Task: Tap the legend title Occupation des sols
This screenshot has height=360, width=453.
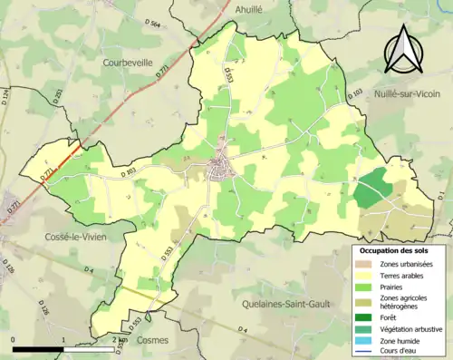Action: pos(396,249)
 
